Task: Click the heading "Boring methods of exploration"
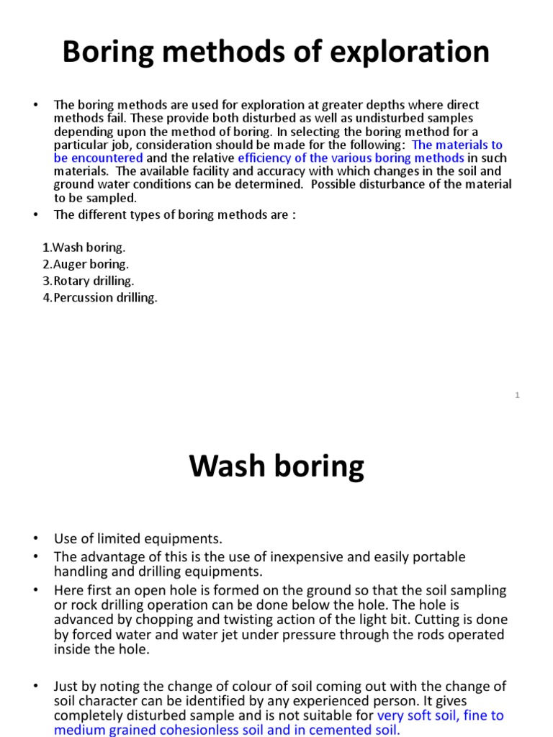click(276, 53)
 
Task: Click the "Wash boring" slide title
click(276, 467)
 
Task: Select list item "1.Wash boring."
click(84, 248)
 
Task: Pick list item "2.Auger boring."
click(86, 264)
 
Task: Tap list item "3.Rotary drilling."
click(89, 281)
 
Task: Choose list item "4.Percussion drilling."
click(100, 297)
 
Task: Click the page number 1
click(517, 394)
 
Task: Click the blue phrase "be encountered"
click(99, 158)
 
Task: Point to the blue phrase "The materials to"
click(457, 145)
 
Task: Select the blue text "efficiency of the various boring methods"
click(351, 158)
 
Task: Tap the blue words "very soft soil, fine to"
click(441, 715)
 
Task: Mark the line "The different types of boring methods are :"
click(175, 214)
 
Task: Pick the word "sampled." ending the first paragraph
click(113, 198)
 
